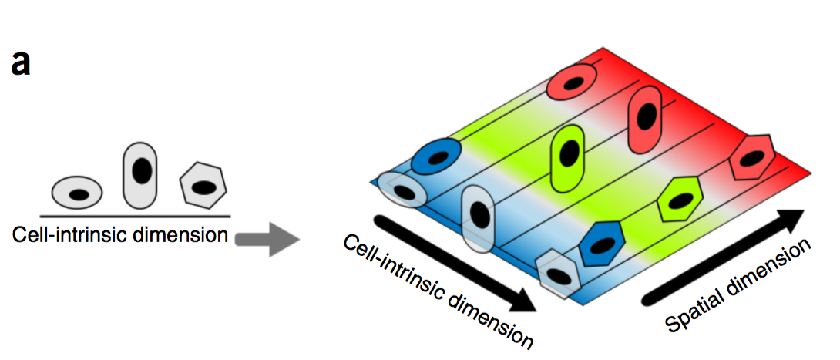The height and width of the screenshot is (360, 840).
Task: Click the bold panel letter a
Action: (21, 64)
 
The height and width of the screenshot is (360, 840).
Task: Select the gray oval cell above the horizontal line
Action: (77, 192)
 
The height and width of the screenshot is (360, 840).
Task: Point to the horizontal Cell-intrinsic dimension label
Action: (120, 234)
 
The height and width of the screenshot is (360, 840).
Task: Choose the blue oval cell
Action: (435, 157)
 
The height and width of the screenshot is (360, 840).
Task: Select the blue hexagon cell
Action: (604, 244)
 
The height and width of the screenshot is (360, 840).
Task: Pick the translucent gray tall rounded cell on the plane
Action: (478, 218)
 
